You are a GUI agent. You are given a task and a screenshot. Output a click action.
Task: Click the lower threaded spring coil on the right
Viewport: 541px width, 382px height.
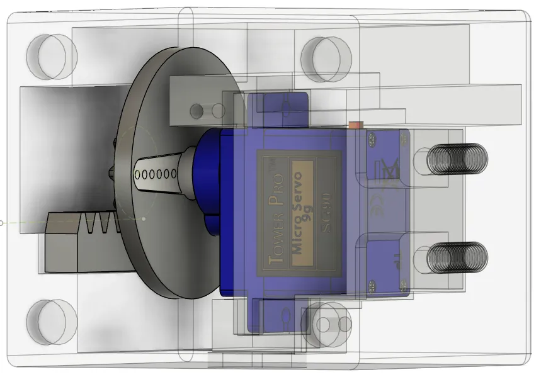[458, 257]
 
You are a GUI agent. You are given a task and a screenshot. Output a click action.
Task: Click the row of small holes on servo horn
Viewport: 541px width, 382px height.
[156, 174]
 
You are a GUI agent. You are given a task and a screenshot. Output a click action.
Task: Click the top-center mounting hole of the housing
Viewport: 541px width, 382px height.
[323, 58]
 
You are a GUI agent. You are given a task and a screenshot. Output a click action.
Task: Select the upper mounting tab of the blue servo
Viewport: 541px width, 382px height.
[277, 107]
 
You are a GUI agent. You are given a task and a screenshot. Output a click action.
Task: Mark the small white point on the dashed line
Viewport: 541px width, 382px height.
[144, 219]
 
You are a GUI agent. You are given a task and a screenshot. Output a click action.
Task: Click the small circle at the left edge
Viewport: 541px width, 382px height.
[2, 223]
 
